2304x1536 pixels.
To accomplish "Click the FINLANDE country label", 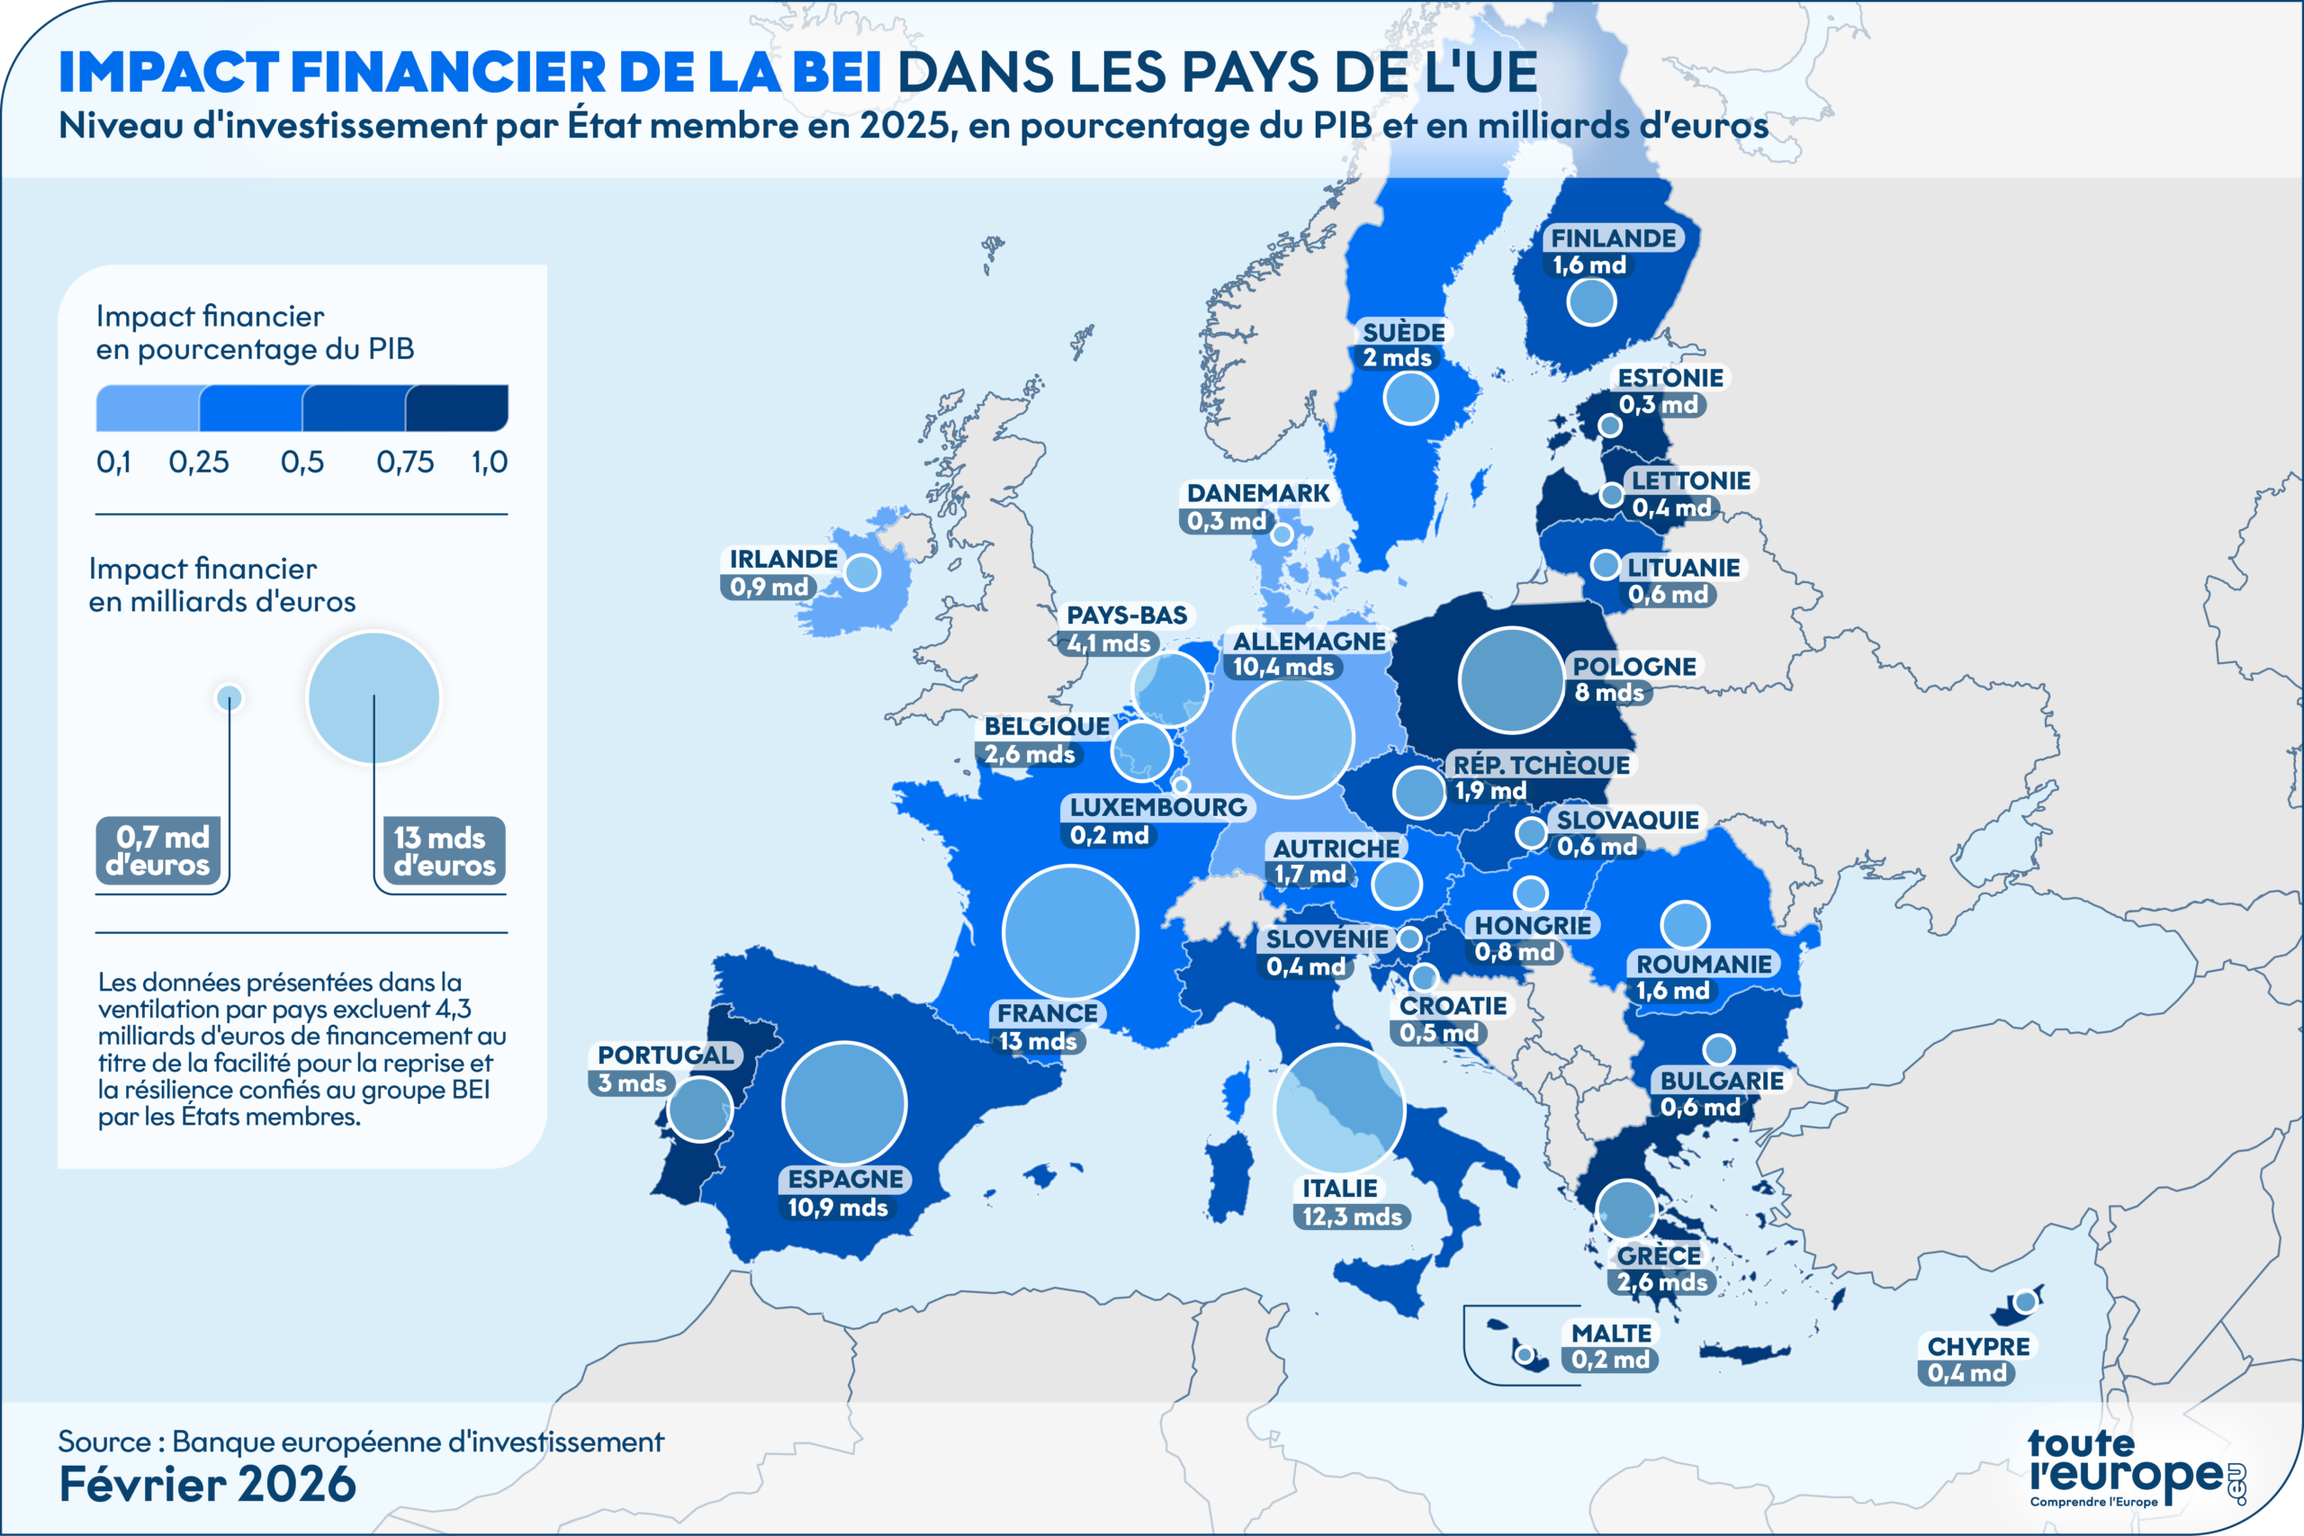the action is [x=1614, y=238].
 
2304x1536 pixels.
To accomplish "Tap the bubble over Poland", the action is [x=1510, y=680].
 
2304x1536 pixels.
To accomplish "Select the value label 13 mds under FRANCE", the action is [x=1039, y=1040].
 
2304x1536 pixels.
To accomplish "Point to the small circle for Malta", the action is [x=1524, y=1355].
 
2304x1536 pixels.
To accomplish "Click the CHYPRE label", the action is [x=1979, y=1346].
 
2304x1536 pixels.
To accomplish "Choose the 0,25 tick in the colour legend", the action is [x=199, y=462].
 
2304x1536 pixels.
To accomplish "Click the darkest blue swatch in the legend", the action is [x=456, y=408].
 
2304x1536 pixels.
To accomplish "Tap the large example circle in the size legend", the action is [x=373, y=697].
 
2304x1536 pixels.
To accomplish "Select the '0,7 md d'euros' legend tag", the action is [x=157, y=850].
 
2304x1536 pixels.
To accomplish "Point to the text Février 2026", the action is [x=208, y=1484].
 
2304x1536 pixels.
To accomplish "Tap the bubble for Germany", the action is [x=1293, y=738].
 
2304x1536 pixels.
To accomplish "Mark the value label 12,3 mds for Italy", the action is [x=1353, y=1216].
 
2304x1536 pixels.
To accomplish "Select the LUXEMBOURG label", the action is [x=1158, y=807].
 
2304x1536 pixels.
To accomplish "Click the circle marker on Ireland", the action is [x=862, y=572].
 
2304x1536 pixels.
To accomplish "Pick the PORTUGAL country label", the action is [x=666, y=1055].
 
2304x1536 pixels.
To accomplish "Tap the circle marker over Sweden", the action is [x=1410, y=398].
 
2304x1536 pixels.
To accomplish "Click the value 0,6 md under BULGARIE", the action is [x=1701, y=1107].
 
